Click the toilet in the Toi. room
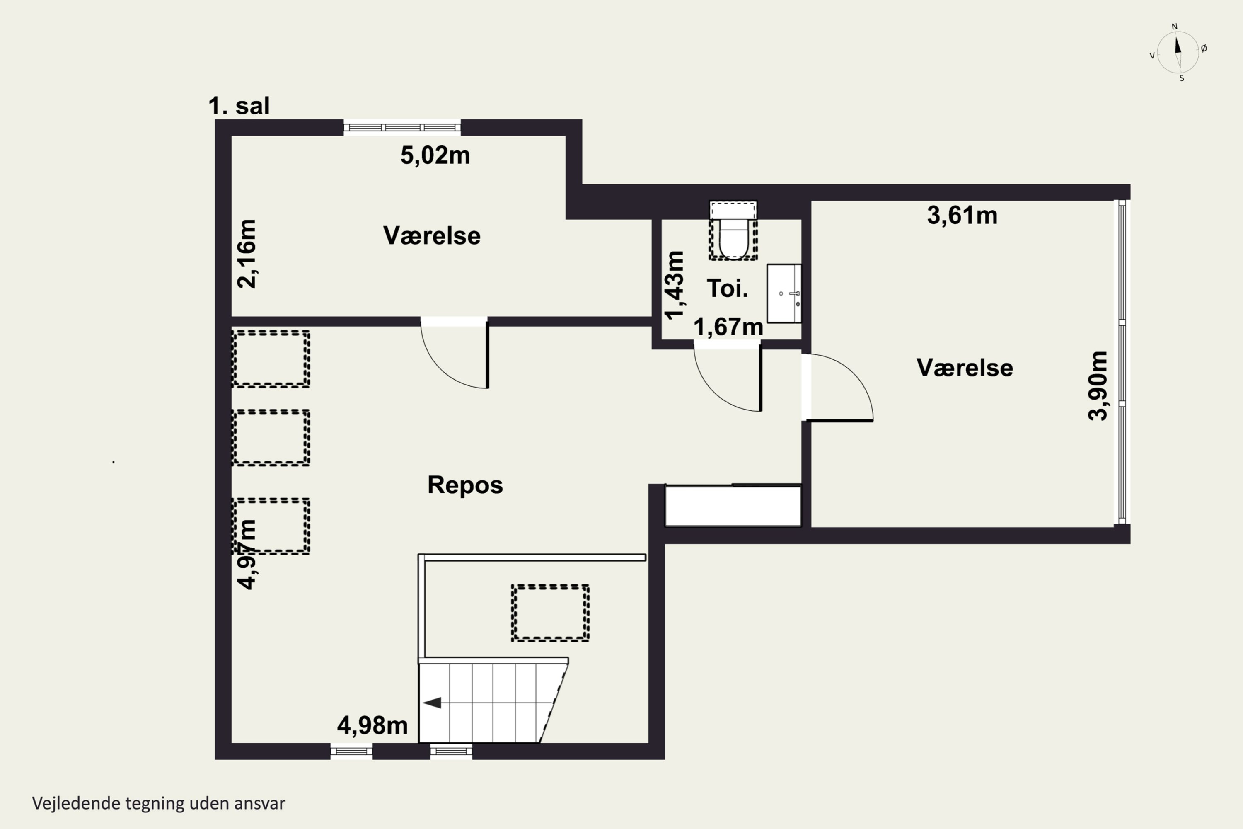[x=733, y=230]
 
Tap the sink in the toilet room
[x=784, y=293]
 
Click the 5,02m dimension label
[x=435, y=155]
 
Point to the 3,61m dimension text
[x=962, y=216]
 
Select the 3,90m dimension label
[x=1098, y=385]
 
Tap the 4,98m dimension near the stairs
[x=372, y=725]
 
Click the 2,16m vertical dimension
[x=247, y=254]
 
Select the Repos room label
[x=465, y=485]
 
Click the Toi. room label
[x=728, y=288]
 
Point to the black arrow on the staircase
[x=432, y=703]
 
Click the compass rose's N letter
[x=1175, y=27]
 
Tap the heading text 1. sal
[x=239, y=106]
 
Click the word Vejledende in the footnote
[x=77, y=803]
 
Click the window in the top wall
[x=402, y=127]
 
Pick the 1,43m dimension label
[x=675, y=286]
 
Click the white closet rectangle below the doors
[x=733, y=506]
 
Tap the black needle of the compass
[x=1178, y=44]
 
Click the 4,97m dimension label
[x=247, y=554]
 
